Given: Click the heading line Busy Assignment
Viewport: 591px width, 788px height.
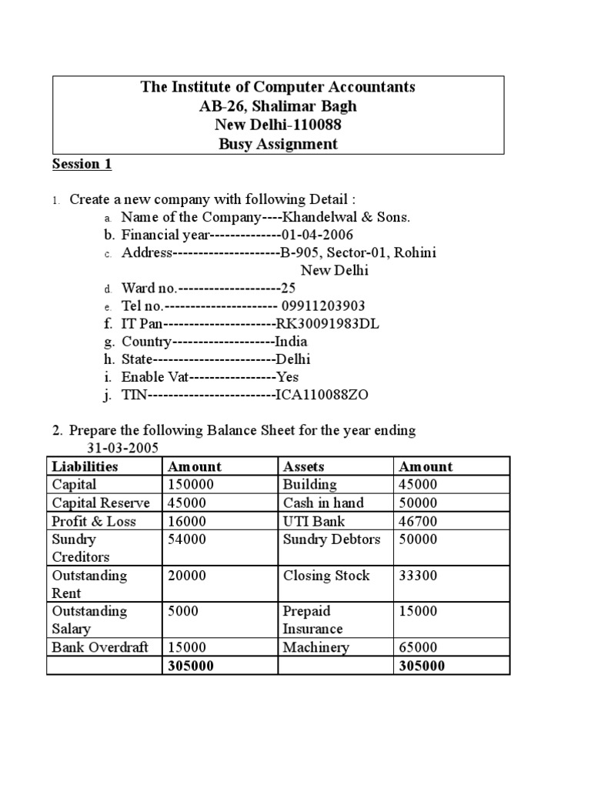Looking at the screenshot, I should tap(278, 144).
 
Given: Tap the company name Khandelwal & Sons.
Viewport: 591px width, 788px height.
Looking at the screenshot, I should tap(348, 217).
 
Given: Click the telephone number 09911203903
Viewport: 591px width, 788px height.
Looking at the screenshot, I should tap(323, 306).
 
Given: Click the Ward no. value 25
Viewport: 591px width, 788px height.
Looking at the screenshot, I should tap(289, 289).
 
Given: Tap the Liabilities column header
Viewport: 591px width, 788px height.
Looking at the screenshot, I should tap(85, 466).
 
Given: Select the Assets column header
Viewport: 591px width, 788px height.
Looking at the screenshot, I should tap(304, 466).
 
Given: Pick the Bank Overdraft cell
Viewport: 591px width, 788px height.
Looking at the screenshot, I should tap(100, 647).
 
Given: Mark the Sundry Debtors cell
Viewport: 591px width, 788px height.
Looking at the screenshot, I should tap(332, 539).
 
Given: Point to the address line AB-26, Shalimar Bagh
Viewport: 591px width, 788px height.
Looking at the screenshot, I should tap(278, 106).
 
